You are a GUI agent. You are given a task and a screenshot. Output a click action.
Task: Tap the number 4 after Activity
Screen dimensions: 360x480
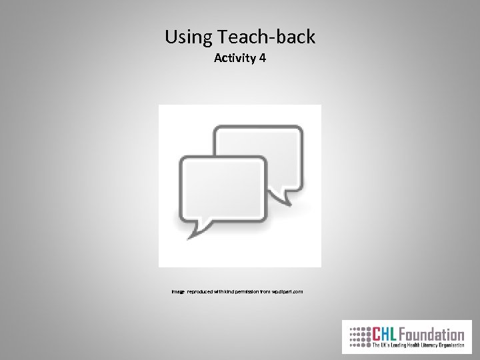pyautogui.click(x=263, y=58)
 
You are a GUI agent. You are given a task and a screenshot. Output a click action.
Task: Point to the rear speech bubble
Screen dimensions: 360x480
pyautogui.click(x=263, y=143)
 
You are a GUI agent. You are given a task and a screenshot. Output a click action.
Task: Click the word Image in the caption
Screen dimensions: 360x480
pyautogui.click(x=177, y=292)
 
